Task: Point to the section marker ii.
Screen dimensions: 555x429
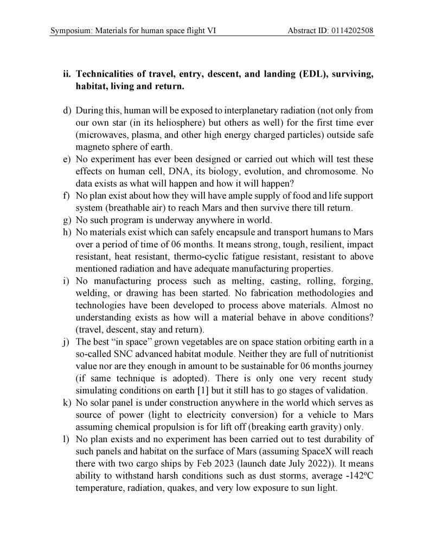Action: click(x=67, y=74)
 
